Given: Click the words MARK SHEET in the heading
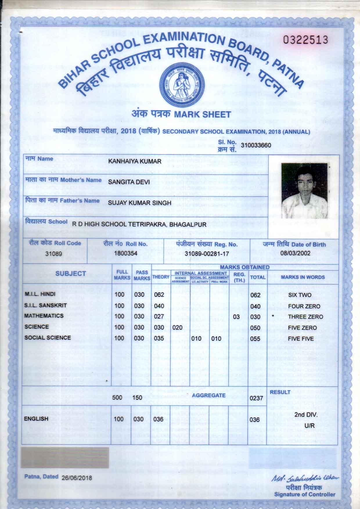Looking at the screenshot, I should tap(202, 114).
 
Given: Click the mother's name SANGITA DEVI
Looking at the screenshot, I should tap(129, 182).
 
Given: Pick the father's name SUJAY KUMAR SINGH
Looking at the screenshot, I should tap(139, 203).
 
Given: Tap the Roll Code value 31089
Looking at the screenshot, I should tap(54, 253).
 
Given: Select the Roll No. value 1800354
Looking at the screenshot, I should tap(126, 253).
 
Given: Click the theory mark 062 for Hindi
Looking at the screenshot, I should tap(159, 295).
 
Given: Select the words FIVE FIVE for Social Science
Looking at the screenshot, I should tap(301, 339).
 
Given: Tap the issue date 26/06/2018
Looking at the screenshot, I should tap(76, 478).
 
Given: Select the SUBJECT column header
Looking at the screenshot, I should tap(71, 274).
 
